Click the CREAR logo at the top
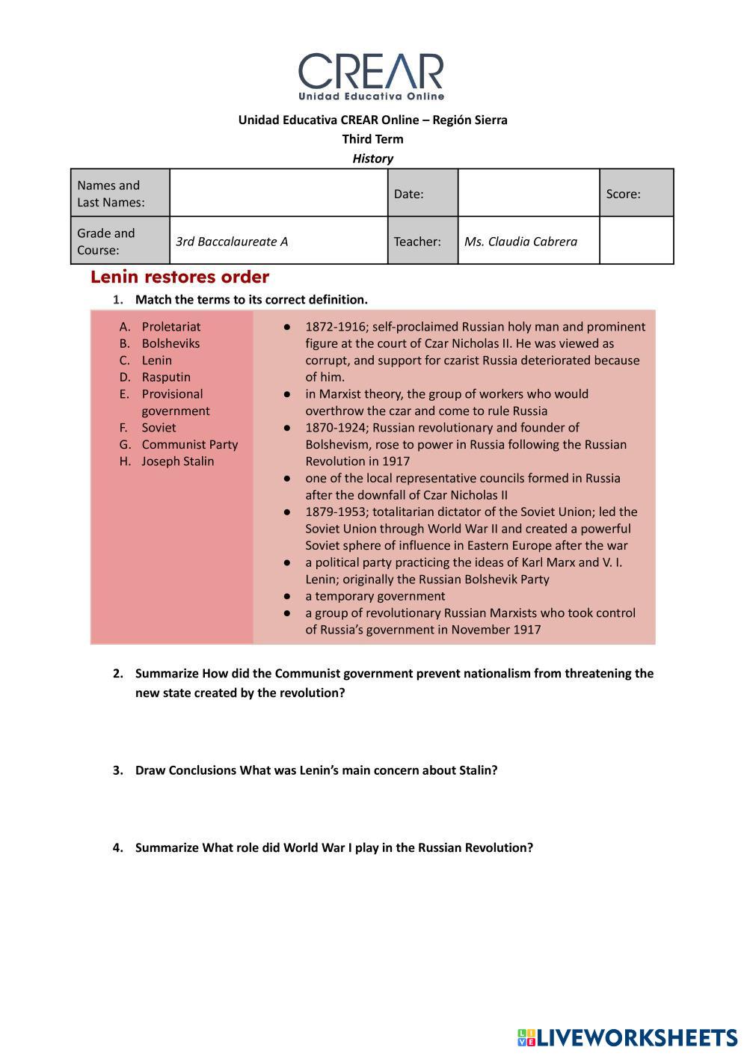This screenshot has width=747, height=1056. point(372,76)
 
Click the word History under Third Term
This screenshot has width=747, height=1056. point(372,159)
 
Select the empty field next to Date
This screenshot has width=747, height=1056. point(528,193)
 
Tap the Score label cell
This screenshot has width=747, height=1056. point(636,194)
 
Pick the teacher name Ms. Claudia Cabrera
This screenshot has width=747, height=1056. point(520,242)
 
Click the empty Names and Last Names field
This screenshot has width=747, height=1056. point(278,193)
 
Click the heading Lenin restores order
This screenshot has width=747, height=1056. point(179,277)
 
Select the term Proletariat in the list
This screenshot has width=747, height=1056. point(171,327)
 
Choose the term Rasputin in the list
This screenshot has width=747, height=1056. point(166,377)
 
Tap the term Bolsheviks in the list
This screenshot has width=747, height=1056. point(170,343)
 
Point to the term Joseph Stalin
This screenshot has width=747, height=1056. point(178,461)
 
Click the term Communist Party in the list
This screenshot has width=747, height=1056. point(190,444)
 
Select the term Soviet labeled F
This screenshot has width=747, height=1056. point(159,428)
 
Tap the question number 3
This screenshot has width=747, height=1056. point(117,770)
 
